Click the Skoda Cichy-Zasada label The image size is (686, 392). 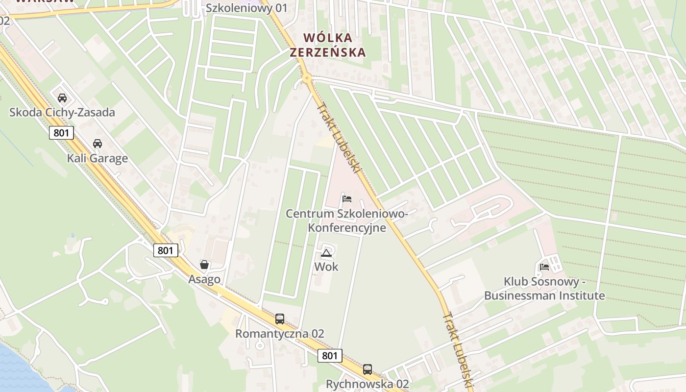coord(62,112)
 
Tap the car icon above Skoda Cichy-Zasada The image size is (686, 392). coord(62,98)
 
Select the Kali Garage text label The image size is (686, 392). coord(98,158)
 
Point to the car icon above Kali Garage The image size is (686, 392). coord(98,144)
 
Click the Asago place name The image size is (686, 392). coord(204,279)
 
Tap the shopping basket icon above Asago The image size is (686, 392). coord(204,265)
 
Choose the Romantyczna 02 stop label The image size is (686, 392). coord(280,334)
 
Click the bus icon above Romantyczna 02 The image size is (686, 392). coord(280,319)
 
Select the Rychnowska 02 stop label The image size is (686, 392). coord(367,384)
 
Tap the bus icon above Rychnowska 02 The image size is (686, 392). coord(367,369)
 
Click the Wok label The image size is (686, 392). coord(326,267)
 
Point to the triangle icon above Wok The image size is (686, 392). coord(326,253)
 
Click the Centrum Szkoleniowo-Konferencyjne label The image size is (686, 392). coord(347,220)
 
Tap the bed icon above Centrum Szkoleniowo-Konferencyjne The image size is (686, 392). coord(347,198)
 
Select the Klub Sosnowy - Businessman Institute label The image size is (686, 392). coord(544,289)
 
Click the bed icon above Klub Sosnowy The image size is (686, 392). coord(544,267)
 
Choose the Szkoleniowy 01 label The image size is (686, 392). coord(246,8)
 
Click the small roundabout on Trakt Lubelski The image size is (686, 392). coord(307,77)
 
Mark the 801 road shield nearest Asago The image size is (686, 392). coord(166,250)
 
